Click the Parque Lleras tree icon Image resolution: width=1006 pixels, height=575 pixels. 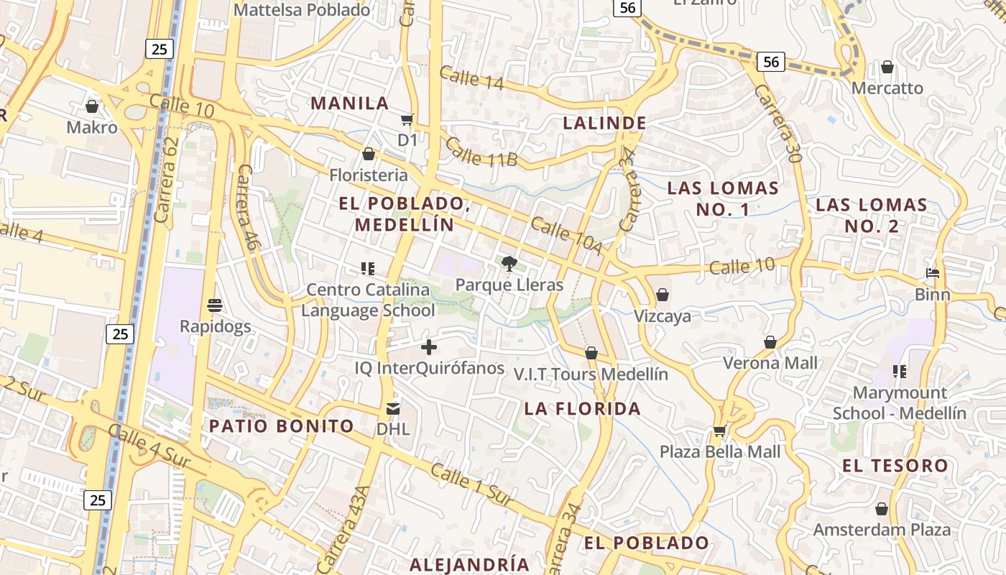(509, 264)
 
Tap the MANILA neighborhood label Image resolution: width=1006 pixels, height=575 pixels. (350, 103)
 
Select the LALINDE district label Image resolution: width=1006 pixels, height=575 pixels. (604, 123)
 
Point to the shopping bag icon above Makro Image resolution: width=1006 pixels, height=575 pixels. (92, 107)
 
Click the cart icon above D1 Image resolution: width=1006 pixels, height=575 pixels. (407, 119)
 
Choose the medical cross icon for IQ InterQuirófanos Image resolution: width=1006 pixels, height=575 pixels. (429, 348)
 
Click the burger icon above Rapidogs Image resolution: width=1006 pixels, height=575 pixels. (215, 305)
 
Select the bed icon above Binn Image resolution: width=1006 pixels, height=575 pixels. (933, 273)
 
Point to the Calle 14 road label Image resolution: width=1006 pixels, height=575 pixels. (471, 79)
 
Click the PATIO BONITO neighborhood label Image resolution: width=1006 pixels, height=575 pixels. (282, 426)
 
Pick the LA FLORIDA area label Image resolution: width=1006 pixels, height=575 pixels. (582, 409)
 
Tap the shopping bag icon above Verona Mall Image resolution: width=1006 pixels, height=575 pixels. (770, 342)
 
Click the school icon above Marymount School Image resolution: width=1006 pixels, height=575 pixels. (899, 372)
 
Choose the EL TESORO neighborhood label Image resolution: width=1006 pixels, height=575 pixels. (895, 466)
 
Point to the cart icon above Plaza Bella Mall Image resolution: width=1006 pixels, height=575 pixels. (719, 431)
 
